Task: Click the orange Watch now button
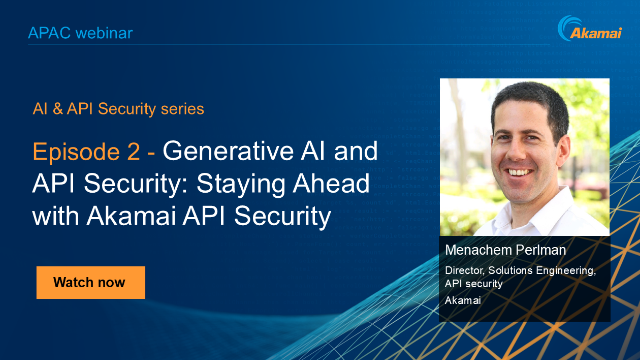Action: pyautogui.click(x=90, y=282)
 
